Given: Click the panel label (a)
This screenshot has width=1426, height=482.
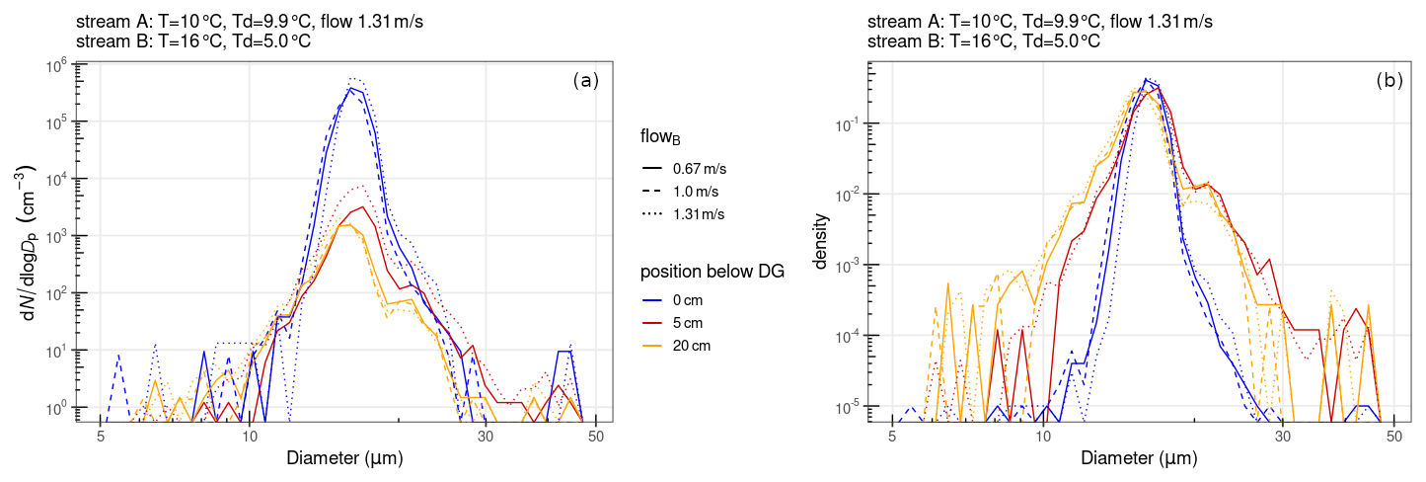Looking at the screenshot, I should point(586,82).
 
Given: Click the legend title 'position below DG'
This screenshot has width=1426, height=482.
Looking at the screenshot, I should point(713,273).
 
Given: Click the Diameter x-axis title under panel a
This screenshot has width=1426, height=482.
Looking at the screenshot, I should point(344,458).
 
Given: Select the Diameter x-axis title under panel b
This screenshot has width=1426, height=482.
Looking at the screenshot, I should point(1139,458).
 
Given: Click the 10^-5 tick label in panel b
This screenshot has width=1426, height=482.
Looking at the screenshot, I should point(846,407).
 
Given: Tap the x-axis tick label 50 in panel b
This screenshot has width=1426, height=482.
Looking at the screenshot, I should point(1393,435).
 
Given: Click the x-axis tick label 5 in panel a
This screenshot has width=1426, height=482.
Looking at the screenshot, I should point(101,435).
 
